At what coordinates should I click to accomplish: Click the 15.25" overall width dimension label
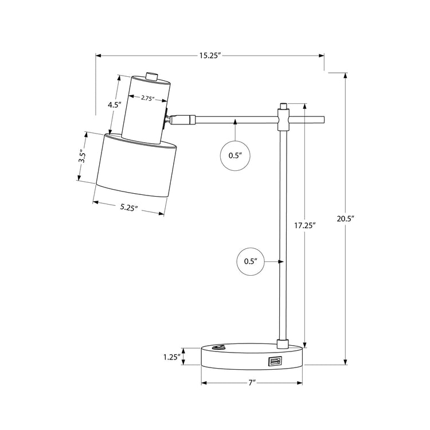tap(210, 56)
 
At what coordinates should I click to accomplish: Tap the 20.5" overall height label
tap(346, 218)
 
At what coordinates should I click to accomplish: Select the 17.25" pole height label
tap(305, 226)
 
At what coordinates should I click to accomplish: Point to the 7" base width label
tap(252, 382)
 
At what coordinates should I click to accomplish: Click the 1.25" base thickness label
tap(172, 357)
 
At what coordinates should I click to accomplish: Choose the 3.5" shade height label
tap(82, 156)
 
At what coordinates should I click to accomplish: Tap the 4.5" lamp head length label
tap(114, 104)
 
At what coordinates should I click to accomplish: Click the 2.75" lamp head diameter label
tap(148, 98)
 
